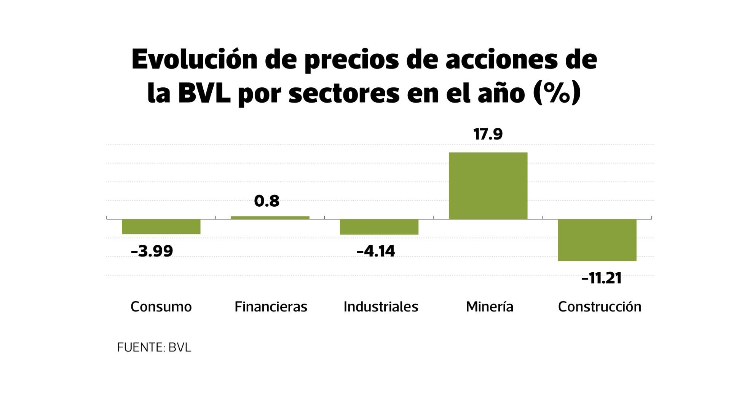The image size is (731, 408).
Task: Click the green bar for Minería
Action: pos(488,186)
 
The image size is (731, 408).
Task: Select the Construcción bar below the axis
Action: pos(597,240)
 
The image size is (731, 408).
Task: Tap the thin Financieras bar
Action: pos(270,217)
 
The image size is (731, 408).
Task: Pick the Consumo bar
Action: pos(161,226)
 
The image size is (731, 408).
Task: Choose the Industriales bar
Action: pos(379,227)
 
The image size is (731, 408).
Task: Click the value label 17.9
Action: pos(488,135)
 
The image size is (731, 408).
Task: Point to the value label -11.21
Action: pos(601,278)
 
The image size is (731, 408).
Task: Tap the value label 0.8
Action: pos(267,201)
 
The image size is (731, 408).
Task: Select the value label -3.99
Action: pos(152,251)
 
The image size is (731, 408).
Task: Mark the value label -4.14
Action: pos(376,251)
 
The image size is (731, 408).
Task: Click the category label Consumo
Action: pos(161,307)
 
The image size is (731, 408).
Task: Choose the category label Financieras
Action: pos(271,307)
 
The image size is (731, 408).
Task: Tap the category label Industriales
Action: pos(381,307)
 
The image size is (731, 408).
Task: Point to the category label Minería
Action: pos(490,307)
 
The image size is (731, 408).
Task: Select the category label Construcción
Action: pos(600,307)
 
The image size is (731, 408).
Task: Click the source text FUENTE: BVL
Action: pos(154,347)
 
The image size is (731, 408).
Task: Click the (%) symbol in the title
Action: pos(557,93)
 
